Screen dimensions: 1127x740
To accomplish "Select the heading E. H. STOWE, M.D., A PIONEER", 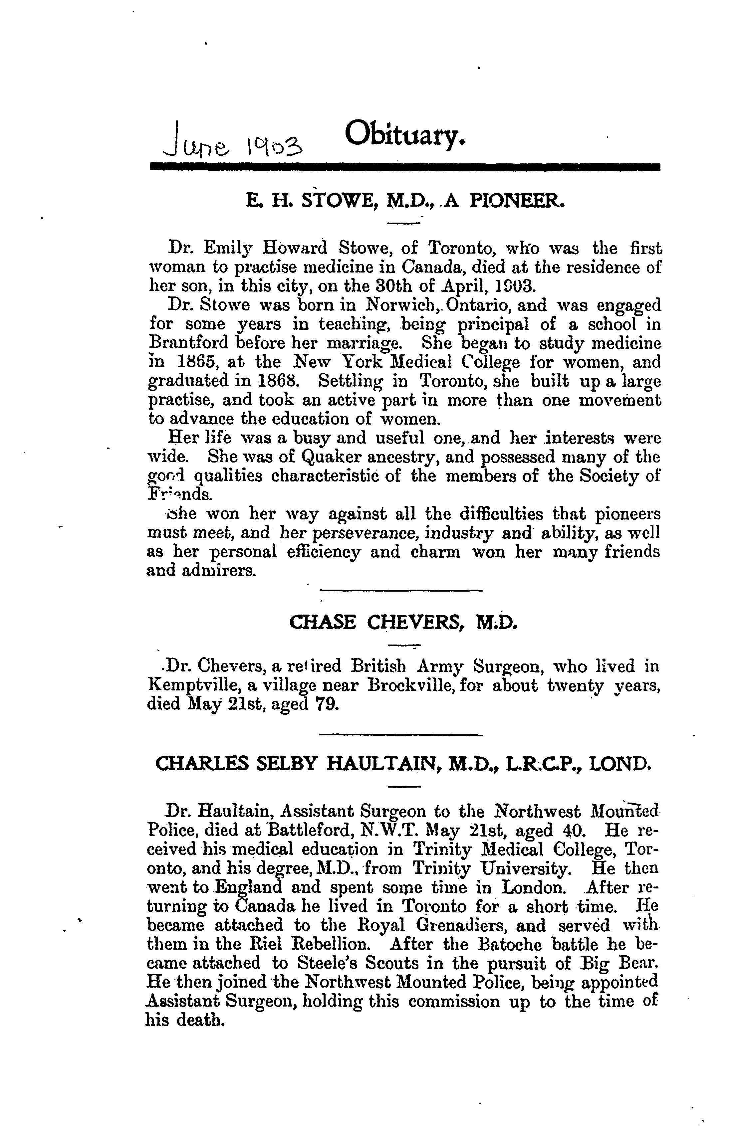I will coord(405,201).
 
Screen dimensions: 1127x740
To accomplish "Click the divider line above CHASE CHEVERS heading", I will coord(401,590).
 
